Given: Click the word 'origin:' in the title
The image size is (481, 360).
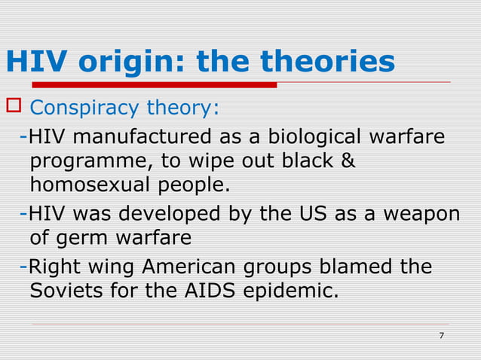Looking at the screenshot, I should click(x=128, y=62).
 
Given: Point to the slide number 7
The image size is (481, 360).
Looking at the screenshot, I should click(x=441, y=336).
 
